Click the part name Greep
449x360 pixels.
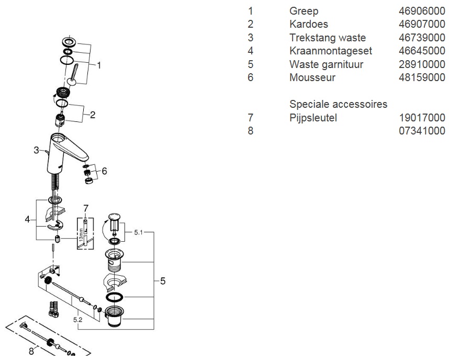[304, 11]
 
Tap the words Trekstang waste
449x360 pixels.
[328, 38]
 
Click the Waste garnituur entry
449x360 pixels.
[326, 64]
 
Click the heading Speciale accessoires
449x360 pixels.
[338, 104]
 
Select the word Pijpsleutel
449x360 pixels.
[313, 118]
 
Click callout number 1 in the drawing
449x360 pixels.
[99, 65]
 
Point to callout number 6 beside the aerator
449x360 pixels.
[104, 171]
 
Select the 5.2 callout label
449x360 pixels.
[77, 318]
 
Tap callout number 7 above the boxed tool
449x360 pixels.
[86, 208]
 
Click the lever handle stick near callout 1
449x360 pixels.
[74, 73]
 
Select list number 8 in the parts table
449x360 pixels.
[250, 131]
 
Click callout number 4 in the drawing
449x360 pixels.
[27, 220]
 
